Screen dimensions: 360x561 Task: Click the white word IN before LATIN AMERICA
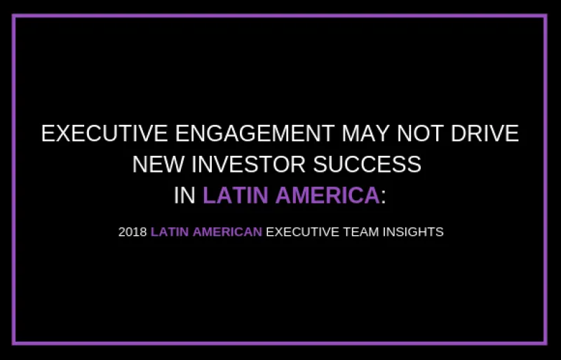(x=184, y=194)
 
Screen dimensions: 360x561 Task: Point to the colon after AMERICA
(x=384, y=196)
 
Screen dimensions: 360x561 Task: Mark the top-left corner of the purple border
(x=14, y=15)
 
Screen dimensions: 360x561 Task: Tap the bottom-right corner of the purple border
(x=546, y=344)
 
